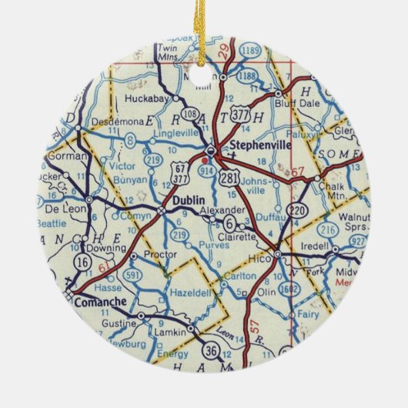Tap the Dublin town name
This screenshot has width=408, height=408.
188,199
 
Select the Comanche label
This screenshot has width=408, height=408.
101,303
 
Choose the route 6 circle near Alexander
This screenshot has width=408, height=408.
229,223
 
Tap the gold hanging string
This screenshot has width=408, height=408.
205,23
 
